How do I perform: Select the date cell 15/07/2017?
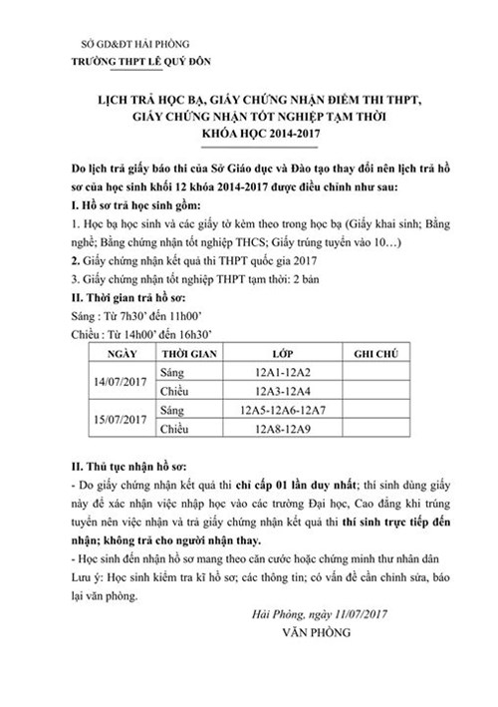click(x=123, y=419)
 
